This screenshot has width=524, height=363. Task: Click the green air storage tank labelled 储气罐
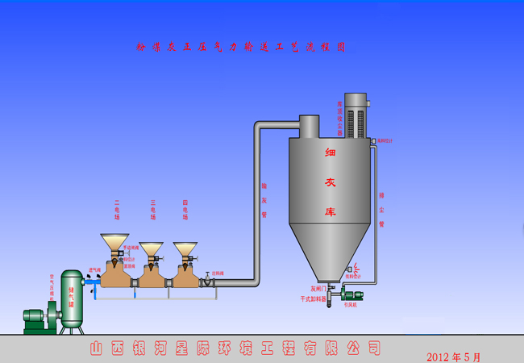[72, 300]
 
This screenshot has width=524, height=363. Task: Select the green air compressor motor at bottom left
[36, 320]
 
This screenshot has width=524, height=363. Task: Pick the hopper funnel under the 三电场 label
[151, 249]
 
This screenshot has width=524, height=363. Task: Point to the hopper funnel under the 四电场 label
[185, 249]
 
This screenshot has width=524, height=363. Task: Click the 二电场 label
[117, 211]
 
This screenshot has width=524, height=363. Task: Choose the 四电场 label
[185, 211]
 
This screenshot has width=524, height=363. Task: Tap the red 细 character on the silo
[330, 152]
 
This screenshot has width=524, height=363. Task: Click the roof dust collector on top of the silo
[355, 117]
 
